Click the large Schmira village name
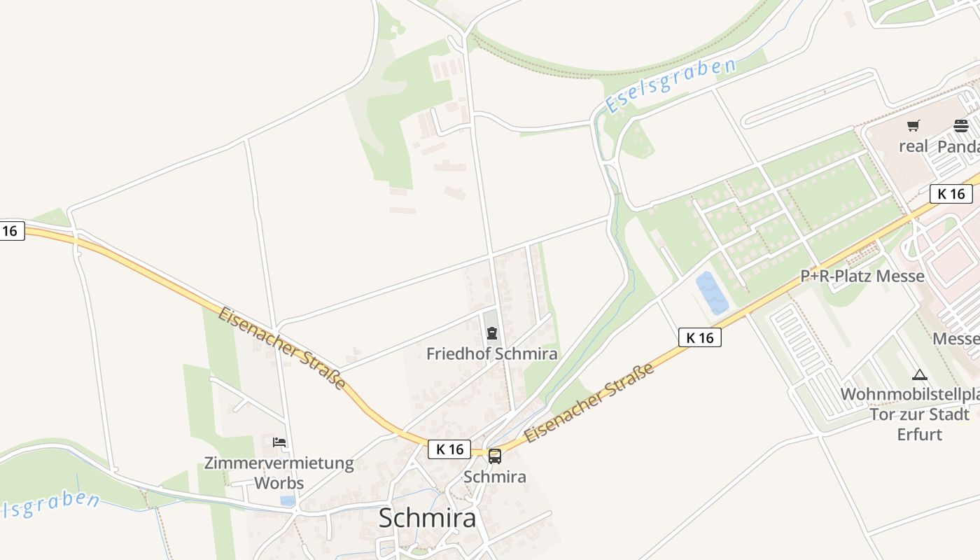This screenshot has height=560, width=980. (x=427, y=518)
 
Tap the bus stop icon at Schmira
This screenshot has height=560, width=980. (x=495, y=456)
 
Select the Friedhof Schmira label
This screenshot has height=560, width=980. (x=492, y=353)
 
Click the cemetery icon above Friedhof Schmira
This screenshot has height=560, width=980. (x=492, y=333)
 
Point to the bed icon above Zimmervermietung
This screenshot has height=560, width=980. (x=279, y=442)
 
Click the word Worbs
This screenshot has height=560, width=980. (x=279, y=483)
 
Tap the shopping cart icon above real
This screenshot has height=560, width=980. (x=913, y=126)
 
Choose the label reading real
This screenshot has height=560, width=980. (x=913, y=146)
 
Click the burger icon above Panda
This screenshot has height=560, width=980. (x=961, y=126)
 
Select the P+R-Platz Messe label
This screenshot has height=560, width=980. (x=862, y=276)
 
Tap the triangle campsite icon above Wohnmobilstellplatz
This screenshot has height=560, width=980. (x=920, y=374)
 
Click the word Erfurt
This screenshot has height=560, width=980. (x=920, y=434)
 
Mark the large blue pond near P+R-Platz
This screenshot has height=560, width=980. (x=712, y=292)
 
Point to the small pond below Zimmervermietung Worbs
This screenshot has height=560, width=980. (x=288, y=500)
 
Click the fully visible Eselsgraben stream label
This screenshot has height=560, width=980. (x=670, y=85)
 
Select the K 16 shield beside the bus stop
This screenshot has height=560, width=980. (x=449, y=449)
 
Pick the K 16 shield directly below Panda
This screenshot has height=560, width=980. (x=951, y=194)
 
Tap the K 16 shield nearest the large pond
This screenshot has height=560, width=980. (x=700, y=337)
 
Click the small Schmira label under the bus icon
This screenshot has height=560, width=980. (x=495, y=477)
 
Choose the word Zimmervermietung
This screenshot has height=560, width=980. (x=279, y=463)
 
